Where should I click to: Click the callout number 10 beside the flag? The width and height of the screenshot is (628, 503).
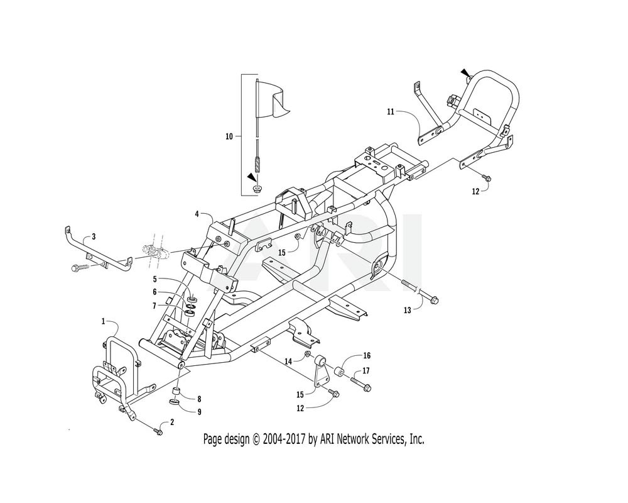229,137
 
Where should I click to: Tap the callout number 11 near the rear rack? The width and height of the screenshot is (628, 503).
391,111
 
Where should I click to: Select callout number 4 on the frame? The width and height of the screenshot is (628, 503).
197,214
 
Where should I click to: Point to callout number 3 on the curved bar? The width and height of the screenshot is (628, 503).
94,236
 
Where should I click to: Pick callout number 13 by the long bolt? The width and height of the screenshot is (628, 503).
408,310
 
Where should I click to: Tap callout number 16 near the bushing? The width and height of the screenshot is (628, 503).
367,355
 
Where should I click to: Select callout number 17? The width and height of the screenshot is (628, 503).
366,370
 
